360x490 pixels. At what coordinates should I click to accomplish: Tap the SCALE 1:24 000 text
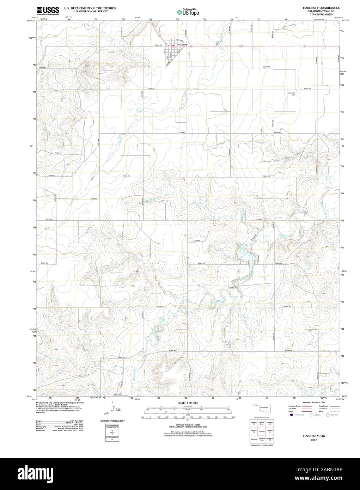[x=188, y=403]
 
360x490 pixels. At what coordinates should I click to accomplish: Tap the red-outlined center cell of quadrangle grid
[x=262, y=431]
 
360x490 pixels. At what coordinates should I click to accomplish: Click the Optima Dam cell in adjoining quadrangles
[x=262, y=423]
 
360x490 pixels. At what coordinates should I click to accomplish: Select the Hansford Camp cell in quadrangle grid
[x=262, y=439]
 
